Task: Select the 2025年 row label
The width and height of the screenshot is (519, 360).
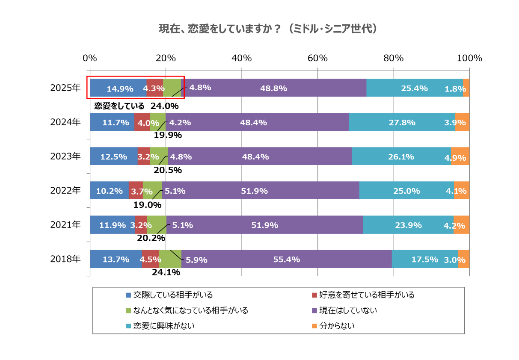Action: [65, 88]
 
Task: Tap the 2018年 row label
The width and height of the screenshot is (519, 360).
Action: [65, 259]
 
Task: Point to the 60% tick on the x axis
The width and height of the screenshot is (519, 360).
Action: [317, 58]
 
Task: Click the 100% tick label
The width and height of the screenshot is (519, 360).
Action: [469, 58]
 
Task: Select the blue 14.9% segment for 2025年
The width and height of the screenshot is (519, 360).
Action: [118, 88]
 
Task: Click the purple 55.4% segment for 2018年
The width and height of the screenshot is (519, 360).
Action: [286, 259]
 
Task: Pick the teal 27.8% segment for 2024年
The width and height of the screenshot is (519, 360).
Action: [402, 122]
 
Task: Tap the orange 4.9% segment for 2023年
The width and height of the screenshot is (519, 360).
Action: [460, 156]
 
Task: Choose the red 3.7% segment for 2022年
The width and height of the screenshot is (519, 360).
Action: [136, 191]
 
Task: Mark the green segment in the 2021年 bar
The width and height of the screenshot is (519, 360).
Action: [157, 225]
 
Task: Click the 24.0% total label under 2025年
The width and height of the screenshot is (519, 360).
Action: [164, 106]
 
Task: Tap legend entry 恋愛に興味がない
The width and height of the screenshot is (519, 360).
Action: [163, 326]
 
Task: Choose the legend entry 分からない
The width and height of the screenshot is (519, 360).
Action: [337, 326]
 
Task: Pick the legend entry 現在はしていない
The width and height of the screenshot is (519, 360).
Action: [348, 310]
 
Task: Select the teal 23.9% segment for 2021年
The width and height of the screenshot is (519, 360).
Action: [408, 225]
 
